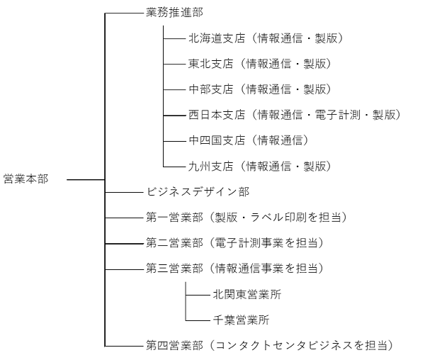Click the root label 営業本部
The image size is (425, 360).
coord(26,179)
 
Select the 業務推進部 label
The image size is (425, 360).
coord(174,13)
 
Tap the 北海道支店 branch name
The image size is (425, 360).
coord(217,38)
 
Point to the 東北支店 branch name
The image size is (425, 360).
coord(211,64)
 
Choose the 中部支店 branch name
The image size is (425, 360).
coord(211,89)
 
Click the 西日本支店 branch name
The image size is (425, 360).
coord(217,115)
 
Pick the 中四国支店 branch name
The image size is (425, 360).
coord(217,140)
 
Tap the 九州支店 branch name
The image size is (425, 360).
coord(211,166)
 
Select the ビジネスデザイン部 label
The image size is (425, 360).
coord(198,192)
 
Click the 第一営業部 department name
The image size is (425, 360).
coord(174,218)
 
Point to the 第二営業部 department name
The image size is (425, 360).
coord(174,243)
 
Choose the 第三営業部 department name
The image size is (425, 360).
coord(174,269)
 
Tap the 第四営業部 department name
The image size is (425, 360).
coord(174,345)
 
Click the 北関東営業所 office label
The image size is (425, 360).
coord(247,294)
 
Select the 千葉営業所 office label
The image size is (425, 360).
coord(242,320)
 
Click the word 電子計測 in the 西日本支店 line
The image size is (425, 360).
coord(337,115)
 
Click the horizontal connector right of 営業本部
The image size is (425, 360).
coord(86,179)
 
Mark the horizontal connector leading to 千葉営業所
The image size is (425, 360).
coord(198,320)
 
